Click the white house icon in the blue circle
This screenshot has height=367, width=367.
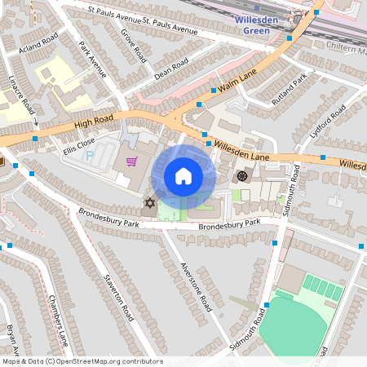point(183,176)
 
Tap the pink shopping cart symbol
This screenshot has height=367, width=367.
point(130,161)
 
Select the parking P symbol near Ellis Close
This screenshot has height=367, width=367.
point(90,153)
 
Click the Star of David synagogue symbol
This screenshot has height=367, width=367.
point(149,202)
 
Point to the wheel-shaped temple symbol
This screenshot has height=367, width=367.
point(241,176)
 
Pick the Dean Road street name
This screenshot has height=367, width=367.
point(171,71)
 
